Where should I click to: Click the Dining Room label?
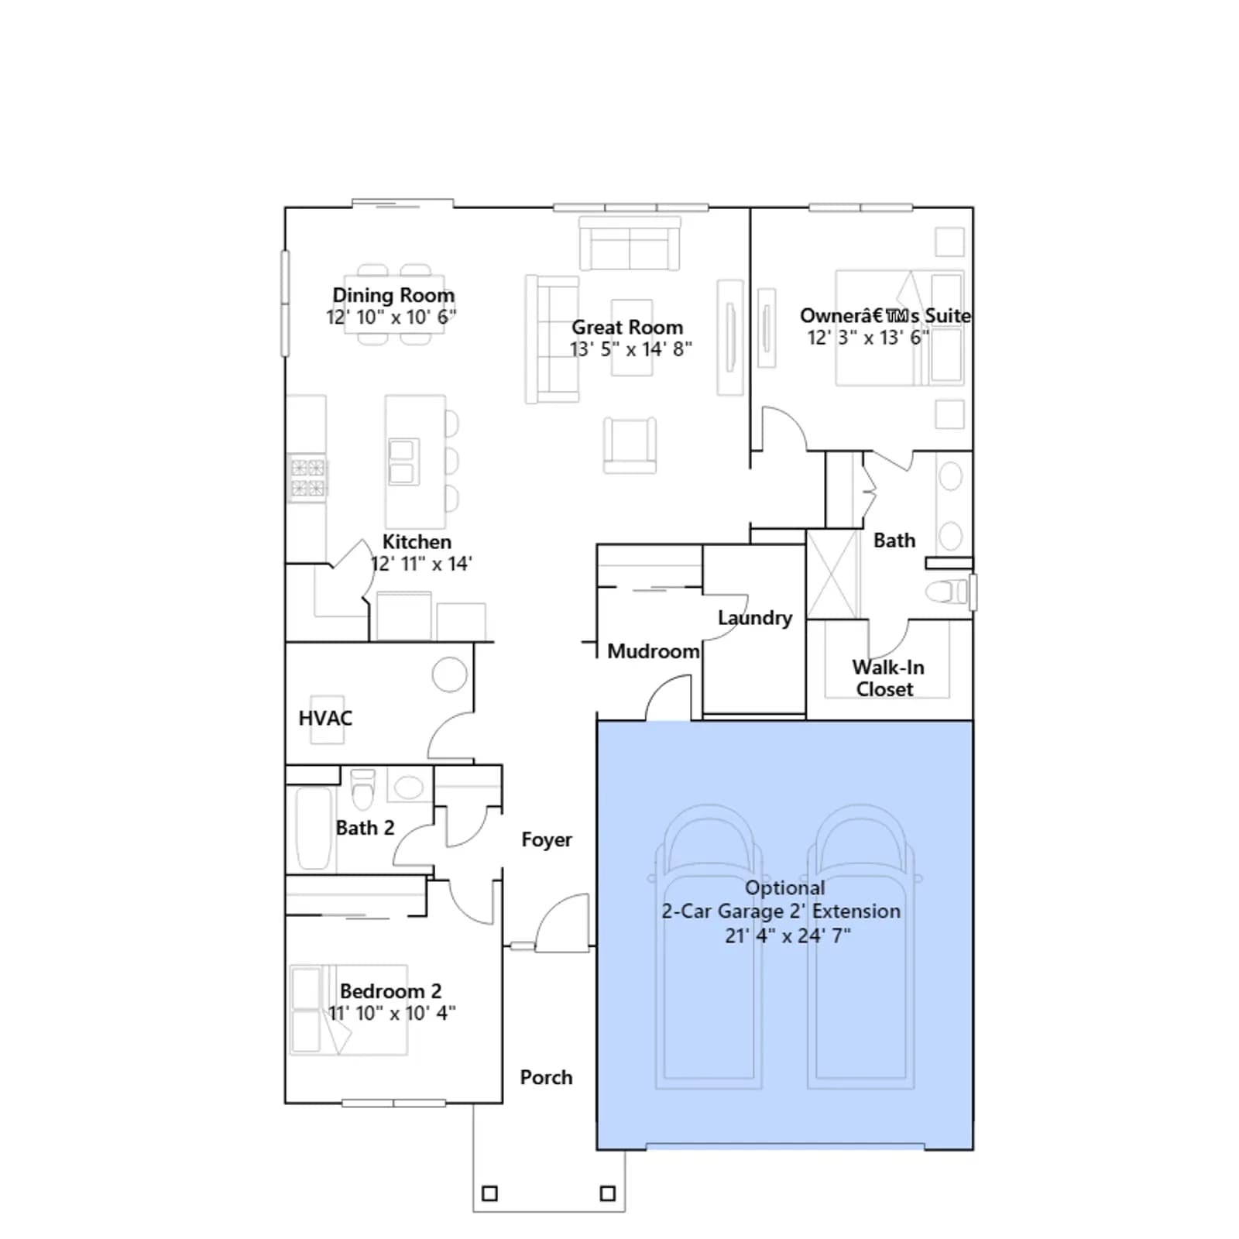pos(393,295)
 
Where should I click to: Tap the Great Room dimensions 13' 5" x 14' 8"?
pos(631,349)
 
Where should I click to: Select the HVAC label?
pos(325,719)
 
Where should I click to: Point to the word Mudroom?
pos(654,651)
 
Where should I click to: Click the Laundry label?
pos(755,618)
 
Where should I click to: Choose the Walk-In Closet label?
pos(887,678)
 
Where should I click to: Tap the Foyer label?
pos(547,840)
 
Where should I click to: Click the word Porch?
pos(546,1077)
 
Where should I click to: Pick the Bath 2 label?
pos(365,828)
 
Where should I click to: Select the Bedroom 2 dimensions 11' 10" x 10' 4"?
pos(392,1013)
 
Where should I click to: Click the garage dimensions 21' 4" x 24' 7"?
pos(788,935)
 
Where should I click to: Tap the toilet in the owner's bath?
pos(947,592)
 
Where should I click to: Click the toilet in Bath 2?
pos(362,788)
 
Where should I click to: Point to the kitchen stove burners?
pos(307,478)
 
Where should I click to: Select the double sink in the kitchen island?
pos(402,462)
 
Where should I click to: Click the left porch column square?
pos(489,1193)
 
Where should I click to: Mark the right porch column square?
pos(608,1193)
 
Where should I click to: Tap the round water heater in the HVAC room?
pos(450,674)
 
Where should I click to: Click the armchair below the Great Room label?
pos(630,444)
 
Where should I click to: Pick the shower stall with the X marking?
pos(832,574)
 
